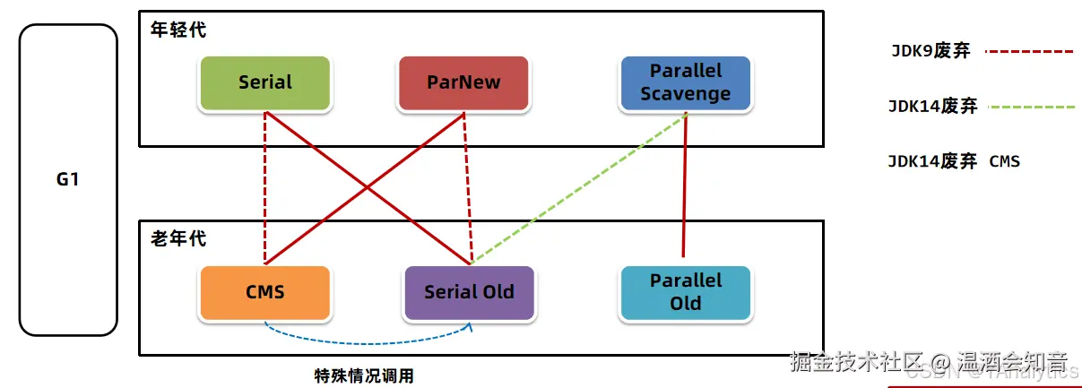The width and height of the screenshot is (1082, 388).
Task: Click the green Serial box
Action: pos(265,82)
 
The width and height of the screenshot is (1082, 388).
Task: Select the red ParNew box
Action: pos(463,82)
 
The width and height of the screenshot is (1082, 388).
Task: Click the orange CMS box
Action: pos(265,292)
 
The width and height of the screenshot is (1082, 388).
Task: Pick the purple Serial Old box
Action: pos(469,292)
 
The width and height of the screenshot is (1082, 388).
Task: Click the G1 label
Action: pos(68,179)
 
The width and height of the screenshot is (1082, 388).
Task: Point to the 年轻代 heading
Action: pos(178,30)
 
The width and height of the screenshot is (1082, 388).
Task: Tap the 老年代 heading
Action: pos(178,239)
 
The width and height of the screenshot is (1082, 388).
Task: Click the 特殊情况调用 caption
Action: pos(364,375)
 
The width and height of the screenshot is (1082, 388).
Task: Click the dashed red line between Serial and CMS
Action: pos(265,188)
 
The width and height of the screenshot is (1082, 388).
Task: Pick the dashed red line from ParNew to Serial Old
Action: pos(466,188)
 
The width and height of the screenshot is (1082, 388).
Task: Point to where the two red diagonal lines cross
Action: pos(366,188)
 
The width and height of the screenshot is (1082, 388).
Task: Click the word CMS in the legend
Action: pos(1005,162)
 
